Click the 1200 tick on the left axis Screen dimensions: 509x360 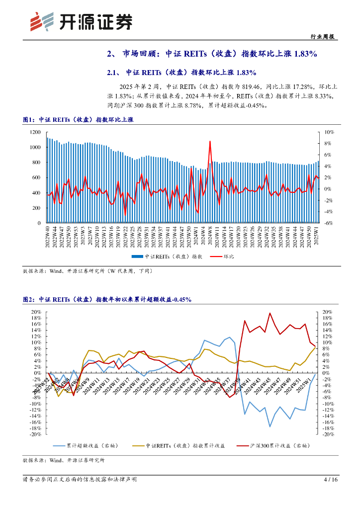[34, 132]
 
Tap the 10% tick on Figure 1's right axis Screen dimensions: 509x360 [329, 132]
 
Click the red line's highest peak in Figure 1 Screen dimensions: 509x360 [210, 141]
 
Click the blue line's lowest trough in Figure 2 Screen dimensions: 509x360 [270, 426]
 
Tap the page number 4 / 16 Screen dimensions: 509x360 [330, 480]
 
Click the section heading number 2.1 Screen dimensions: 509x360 [114, 73]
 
